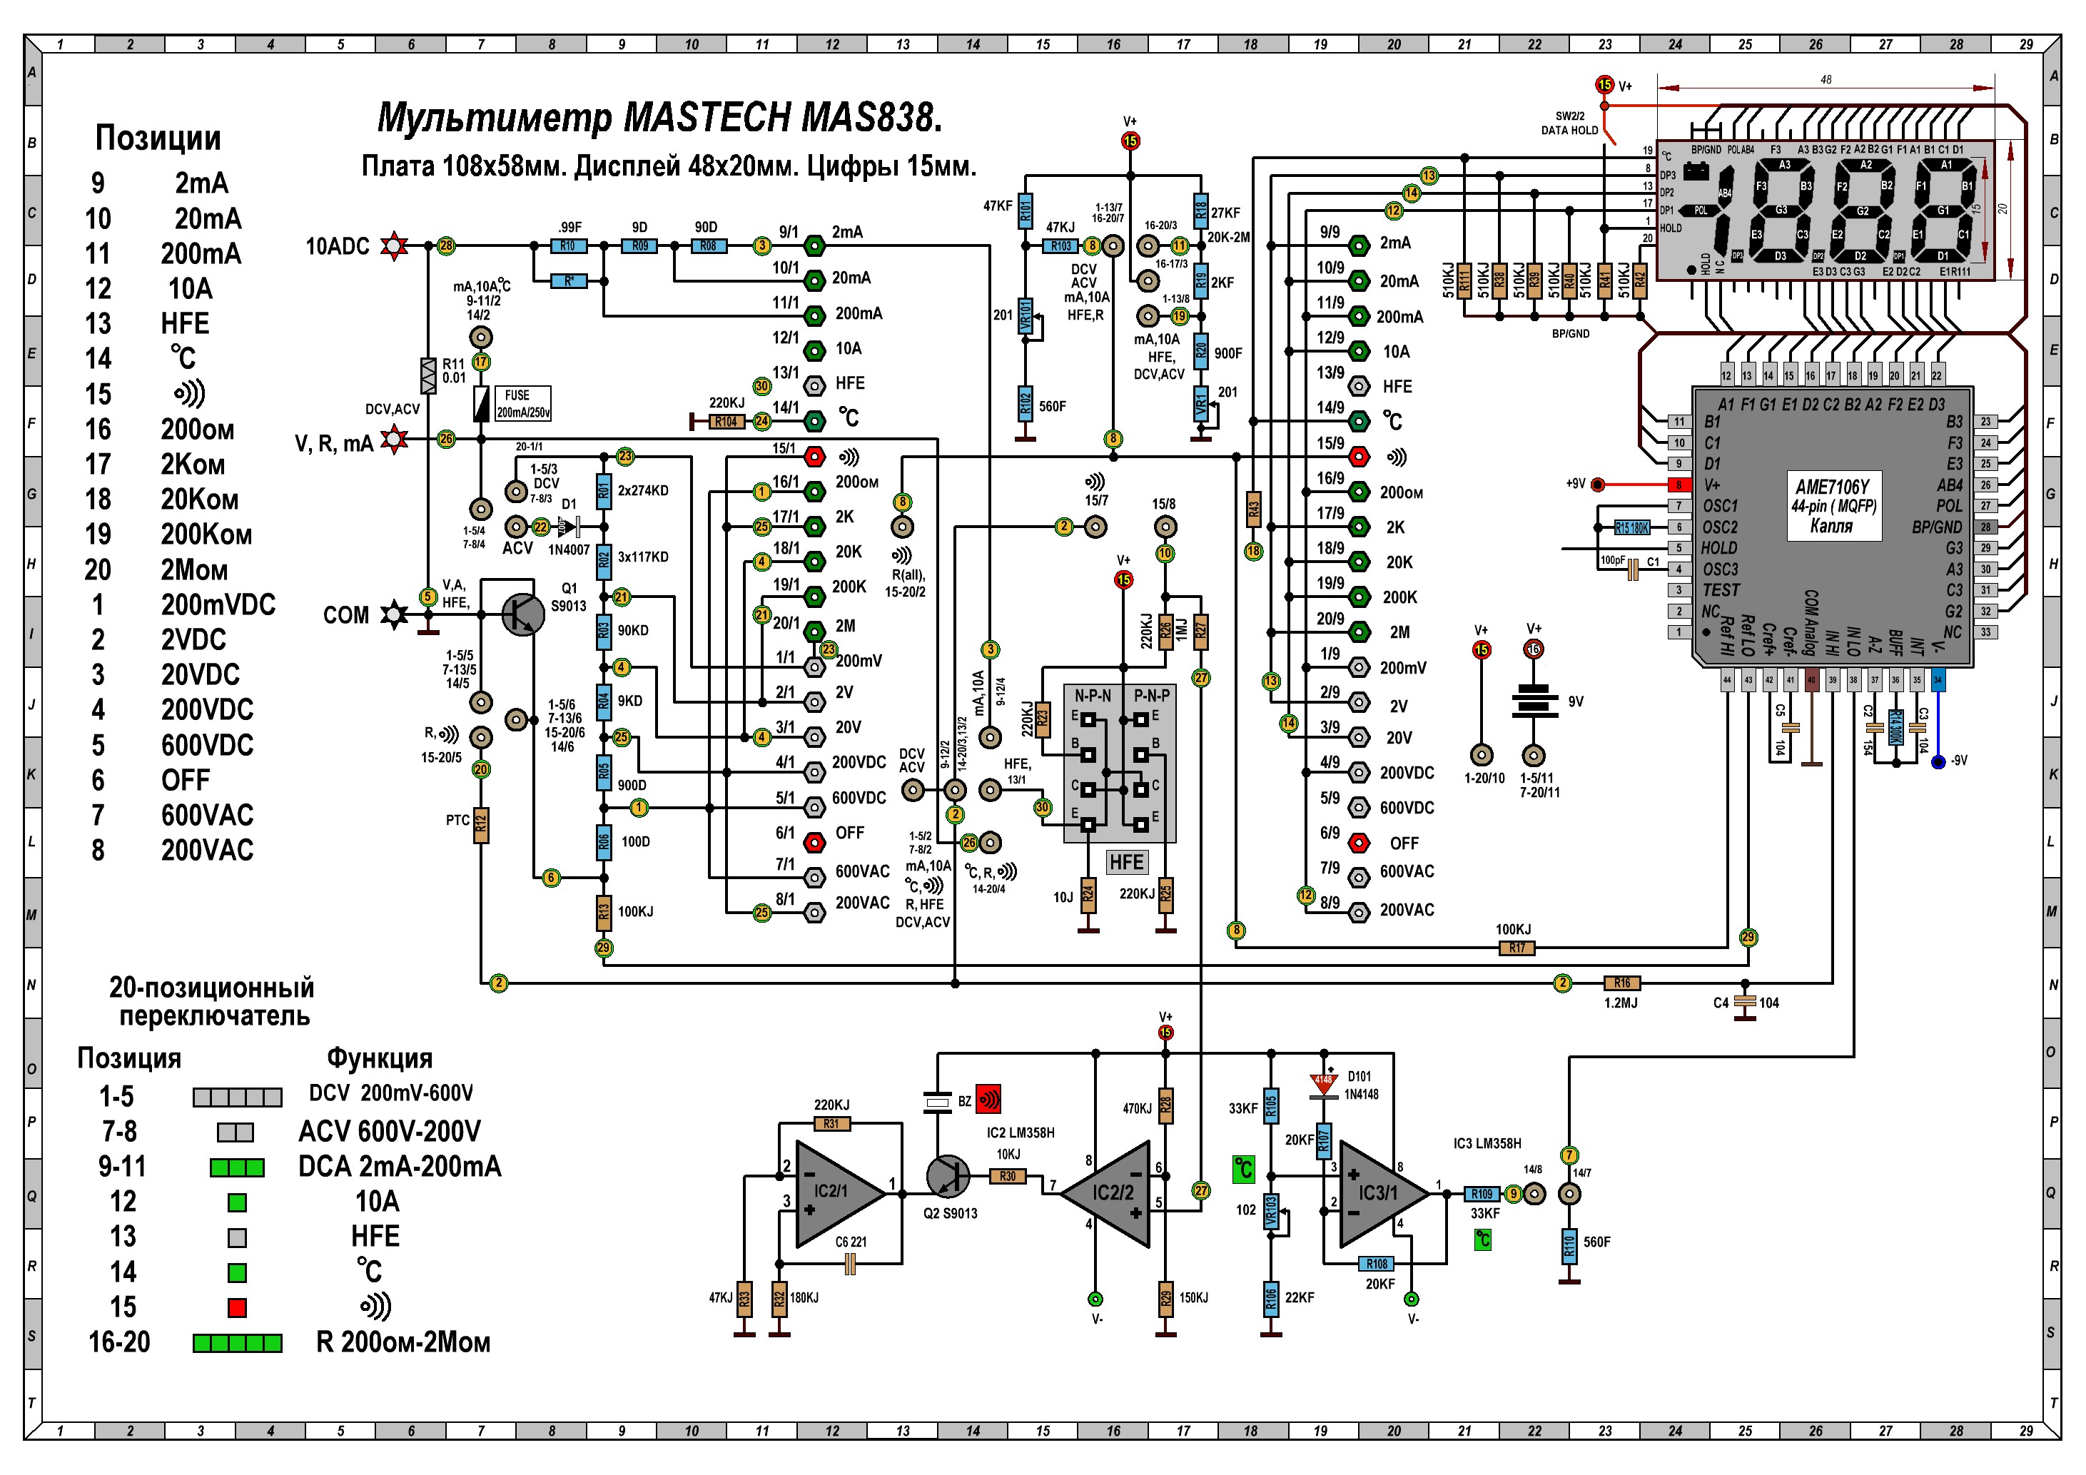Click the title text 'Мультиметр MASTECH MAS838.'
pos(659,118)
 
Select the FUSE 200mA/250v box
pos(522,403)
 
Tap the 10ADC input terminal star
pos(393,246)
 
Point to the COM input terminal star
pos(393,615)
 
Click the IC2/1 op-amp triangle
pos(834,1192)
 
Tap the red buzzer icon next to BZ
pos(988,1100)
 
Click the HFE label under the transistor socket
pos(1127,862)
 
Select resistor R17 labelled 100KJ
pos(1517,948)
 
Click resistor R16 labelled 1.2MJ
pos(1621,983)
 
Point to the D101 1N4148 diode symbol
pos(1323,1083)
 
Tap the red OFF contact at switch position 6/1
pos(815,843)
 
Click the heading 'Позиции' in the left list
pos(158,138)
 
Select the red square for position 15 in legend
pos(237,1308)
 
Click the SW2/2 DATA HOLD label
pos(1569,123)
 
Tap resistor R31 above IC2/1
pos(831,1123)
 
